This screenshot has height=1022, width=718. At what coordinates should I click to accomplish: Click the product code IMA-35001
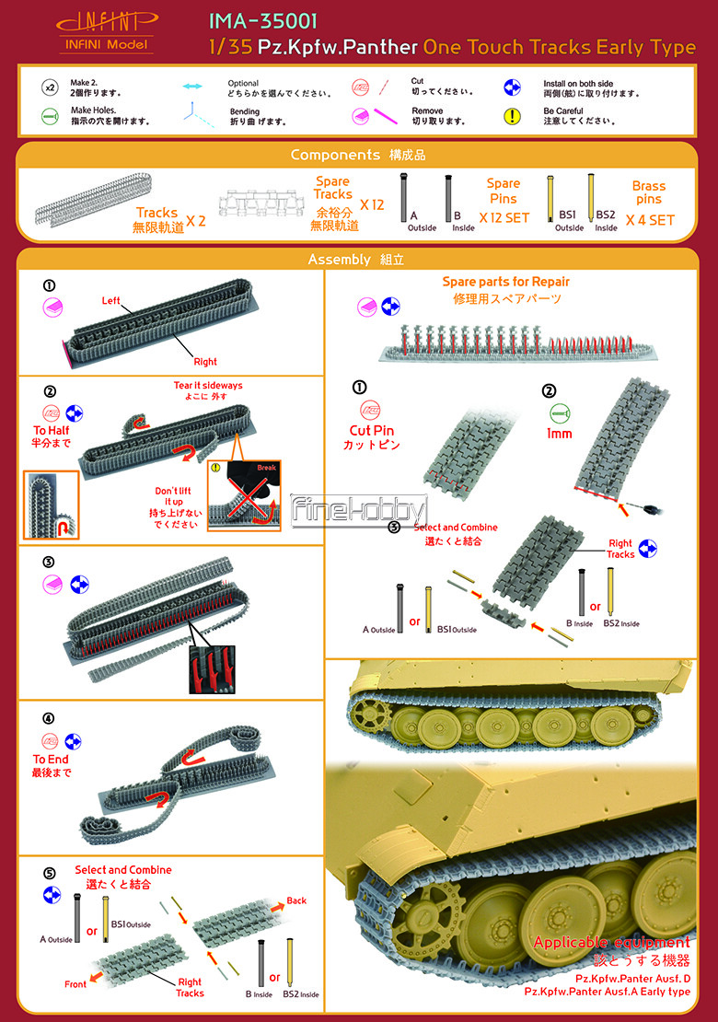pyautogui.click(x=262, y=21)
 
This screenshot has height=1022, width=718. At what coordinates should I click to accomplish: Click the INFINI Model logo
pyautogui.click(x=106, y=31)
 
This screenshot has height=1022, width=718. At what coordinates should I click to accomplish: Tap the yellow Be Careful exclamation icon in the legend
pyautogui.click(x=512, y=116)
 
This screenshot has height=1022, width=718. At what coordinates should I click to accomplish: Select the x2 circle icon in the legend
pyautogui.click(x=51, y=87)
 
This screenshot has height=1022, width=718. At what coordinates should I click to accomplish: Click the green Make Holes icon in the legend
pyautogui.click(x=51, y=116)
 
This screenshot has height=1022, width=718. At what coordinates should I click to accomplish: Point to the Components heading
pyautogui.click(x=335, y=155)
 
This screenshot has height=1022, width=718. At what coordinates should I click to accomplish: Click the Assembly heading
pyautogui.click(x=339, y=260)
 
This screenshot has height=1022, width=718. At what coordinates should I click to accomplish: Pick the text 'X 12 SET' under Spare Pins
pyautogui.click(x=504, y=217)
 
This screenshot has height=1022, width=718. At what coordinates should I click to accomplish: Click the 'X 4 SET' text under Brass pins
pyautogui.click(x=650, y=220)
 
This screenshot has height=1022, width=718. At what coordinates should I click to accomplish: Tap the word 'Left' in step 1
pyautogui.click(x=110, y=300)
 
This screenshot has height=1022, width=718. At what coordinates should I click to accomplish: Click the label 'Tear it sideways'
pyautogui.click(x=208, y=385)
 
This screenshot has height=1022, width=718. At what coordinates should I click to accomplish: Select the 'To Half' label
pyautogui.click(x=51, y=430)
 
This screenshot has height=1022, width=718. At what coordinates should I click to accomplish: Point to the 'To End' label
pyautogui.click(x=51, y=760)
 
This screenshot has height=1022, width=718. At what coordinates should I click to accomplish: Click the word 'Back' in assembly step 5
pyautogui.click(x=296, y=900)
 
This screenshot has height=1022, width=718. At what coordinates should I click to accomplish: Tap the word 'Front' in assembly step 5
pyautogui.click(x=75, y=984)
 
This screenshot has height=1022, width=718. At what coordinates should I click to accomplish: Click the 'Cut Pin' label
pyautogui.click(x=371, y=430)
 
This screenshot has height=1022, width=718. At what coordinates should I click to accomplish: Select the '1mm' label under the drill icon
pyautogui.click(x=559, y=434)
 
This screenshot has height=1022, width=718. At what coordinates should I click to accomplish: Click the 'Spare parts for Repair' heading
pyautogui.click(x=505, y=282)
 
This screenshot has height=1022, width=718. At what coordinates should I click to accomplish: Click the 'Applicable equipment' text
pyautogui.click(x=612, y=943)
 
